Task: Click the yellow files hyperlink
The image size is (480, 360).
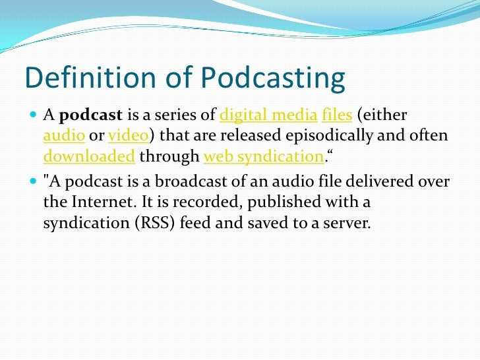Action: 336,117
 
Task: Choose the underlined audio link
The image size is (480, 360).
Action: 59,136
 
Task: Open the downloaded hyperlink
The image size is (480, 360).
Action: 89,157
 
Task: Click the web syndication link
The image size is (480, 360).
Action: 263,157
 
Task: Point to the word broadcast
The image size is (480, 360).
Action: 162,183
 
